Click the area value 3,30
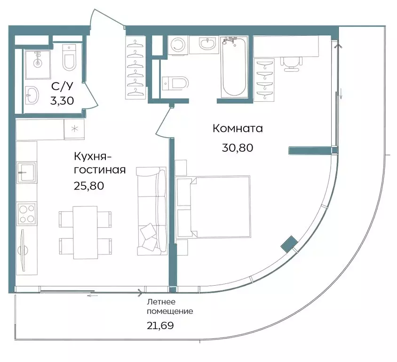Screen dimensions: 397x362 coord(62,101)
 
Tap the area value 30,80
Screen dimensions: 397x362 coord(238,148)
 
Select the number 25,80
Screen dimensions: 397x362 coord(89,186)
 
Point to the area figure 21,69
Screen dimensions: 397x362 coord(160,326)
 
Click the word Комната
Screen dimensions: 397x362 coord(238,128)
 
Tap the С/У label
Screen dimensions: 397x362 coord(62,86)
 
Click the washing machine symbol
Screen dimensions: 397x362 coord(178,45)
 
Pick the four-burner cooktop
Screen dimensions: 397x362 coord(26,213)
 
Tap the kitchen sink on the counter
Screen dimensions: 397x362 coord(26,172)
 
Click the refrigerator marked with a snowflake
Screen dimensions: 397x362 coord(74,129)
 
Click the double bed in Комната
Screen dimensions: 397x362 coord(213,207)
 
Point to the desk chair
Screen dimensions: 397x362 coord(291,64)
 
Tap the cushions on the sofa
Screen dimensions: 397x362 coord(148,236)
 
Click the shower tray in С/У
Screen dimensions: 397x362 coord(38,65)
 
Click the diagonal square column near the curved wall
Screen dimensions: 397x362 coord(289,244)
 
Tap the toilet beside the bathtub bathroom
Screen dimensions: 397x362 coord(175,83)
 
